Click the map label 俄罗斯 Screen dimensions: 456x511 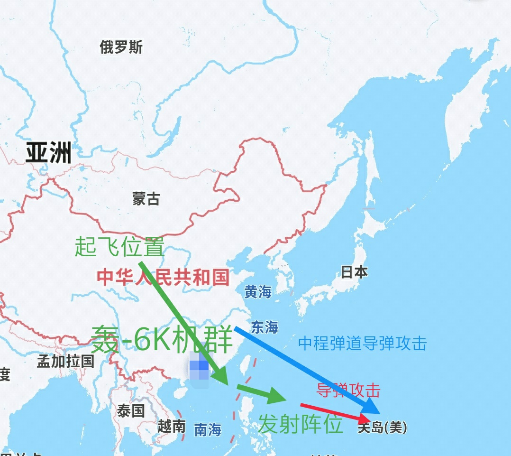point(121,47)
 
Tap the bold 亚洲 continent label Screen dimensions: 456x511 point(48,153)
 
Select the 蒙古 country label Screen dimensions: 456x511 point(146,198)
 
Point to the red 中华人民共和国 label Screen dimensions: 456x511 point(163,277)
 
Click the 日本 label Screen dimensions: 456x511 point(354,272)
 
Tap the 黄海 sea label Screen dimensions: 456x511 point(258,292)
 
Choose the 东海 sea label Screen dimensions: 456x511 point(265,327)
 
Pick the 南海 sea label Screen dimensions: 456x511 point(208,430)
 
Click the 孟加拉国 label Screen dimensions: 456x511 point(66,361)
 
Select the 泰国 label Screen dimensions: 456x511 point(131,411)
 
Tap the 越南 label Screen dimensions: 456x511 point(172,427)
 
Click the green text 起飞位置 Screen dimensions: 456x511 point(119,247)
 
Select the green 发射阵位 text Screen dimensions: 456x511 point(301,424)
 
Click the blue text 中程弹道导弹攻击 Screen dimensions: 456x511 point(363,343)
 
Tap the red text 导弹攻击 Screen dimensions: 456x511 point(348,390)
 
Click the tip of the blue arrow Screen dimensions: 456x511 point(378,412)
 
